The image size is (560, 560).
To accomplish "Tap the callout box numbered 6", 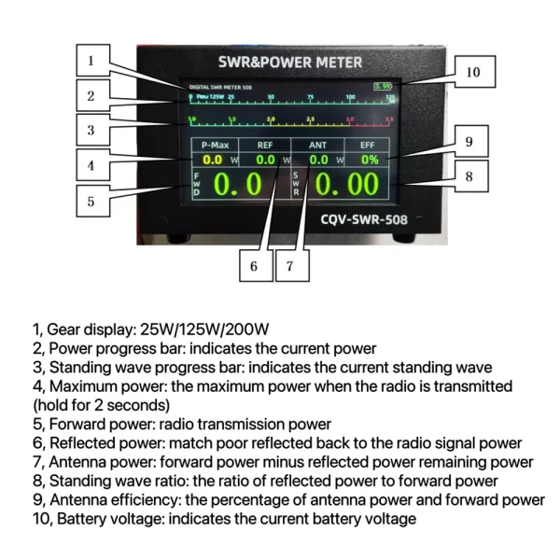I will (253, 266).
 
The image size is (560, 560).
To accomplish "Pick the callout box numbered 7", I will (290, 266).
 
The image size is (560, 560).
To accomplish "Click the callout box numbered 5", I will (91, 201).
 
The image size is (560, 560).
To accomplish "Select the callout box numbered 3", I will (91, 130).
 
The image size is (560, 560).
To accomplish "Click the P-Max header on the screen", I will (214, 145).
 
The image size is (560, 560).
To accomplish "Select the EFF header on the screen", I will (367, 145).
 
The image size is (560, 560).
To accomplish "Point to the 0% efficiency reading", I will (370, 160).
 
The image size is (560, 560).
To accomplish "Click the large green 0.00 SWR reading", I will (344, 185).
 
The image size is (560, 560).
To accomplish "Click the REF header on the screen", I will (265, 145).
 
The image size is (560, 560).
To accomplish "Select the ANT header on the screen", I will (317, 145).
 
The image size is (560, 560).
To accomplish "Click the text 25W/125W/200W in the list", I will (204, 329).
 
